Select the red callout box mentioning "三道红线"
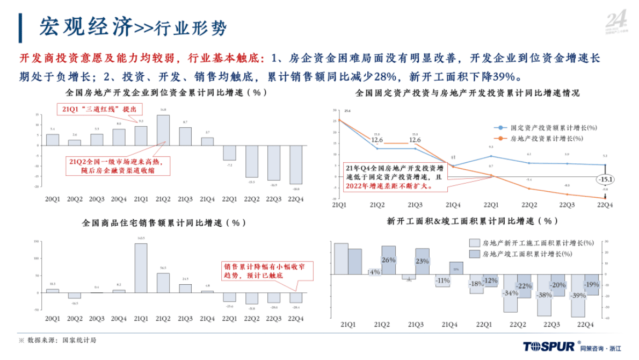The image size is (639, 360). [99, 109]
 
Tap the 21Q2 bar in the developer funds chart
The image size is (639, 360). [163, 129]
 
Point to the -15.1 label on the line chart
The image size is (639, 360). [605, 179]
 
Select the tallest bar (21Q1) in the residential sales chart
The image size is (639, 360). [141, 268]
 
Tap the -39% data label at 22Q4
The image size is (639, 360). [578, 296]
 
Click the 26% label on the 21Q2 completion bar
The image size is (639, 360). [388, 260]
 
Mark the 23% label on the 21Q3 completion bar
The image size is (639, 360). [422, 261]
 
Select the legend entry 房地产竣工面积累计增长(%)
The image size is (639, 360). [532, 253]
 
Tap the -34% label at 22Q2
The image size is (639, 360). [510, 293]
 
